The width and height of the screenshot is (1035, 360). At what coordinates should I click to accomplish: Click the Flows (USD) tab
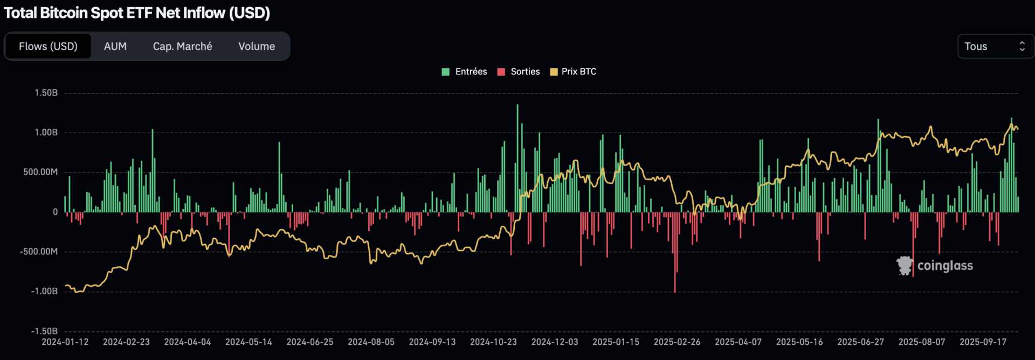click(x=48, y=46)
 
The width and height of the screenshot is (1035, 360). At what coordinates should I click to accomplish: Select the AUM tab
click(x=115, y=46)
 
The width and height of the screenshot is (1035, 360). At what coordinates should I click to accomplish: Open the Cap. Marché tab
click(x=182, y=46)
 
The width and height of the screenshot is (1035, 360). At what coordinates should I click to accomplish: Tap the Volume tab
click(x=257, y=46)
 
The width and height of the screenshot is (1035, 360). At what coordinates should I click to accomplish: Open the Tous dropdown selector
click(x=995, y=46)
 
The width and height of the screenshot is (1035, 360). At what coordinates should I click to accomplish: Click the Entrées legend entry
click(x=465, y=72)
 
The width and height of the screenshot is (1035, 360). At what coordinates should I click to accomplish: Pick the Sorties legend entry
click(x=519, y=72)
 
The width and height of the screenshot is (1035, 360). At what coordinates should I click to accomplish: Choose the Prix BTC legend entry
click(x=573, y=72)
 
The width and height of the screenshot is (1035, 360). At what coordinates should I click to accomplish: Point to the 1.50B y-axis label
click(x=46, y=93)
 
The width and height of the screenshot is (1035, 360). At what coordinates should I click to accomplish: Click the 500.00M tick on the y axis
click(x=40, y=172)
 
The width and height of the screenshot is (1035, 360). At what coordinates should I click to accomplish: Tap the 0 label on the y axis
click(x=55, y=212)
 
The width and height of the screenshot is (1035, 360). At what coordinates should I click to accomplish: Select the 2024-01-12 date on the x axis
click(x=65, y=342)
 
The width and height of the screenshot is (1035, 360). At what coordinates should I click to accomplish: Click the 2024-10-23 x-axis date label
click(x=493, y=342)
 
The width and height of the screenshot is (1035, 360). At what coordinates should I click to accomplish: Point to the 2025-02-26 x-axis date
click(x=677, y=342)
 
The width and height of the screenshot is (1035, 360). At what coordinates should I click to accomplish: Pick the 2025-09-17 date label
click(x=983, y=342)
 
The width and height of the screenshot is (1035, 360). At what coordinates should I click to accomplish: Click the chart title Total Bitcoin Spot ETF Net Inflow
click(x=137, y=13)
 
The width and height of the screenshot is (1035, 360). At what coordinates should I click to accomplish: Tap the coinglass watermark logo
click(x=935, y=266)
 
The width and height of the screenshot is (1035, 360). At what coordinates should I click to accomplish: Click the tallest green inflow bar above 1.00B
click(x=517, y=156)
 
